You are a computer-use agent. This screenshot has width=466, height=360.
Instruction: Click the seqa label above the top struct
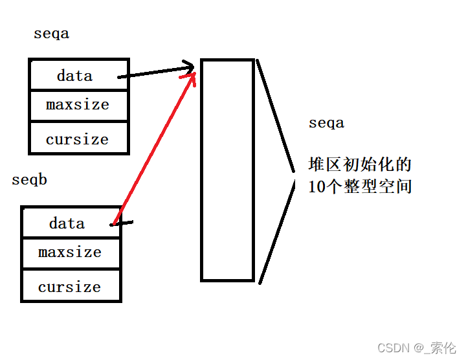(x=51, y=34)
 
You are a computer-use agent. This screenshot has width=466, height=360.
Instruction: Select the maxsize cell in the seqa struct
(x=78, y=105)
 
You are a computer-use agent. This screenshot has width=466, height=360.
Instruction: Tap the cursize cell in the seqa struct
(x=78, y=139)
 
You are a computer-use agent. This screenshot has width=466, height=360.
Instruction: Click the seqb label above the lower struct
(x=29, y=180)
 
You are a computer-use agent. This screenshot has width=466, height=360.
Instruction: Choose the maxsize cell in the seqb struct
(x=71, y=253)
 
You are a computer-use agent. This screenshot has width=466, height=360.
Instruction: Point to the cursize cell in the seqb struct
(x=71, y=287)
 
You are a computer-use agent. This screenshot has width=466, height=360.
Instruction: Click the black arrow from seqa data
(x=155, y=71)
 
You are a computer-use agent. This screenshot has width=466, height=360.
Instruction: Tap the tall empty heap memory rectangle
(x=227, y=170)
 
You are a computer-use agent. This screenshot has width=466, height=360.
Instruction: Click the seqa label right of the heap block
(x=326, y=123)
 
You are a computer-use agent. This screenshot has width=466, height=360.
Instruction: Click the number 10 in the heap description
(x=316, y=187)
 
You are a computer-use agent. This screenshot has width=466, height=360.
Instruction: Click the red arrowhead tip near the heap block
(x=193, y=74)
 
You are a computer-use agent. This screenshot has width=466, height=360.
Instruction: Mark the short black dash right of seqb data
(x=125, y=223)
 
